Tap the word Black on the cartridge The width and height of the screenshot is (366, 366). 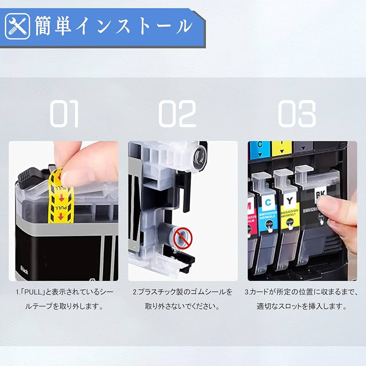tap(24, 271)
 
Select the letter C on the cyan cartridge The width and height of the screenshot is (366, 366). tap(268, 201)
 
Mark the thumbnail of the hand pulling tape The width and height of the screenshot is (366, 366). tap(63, 211)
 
